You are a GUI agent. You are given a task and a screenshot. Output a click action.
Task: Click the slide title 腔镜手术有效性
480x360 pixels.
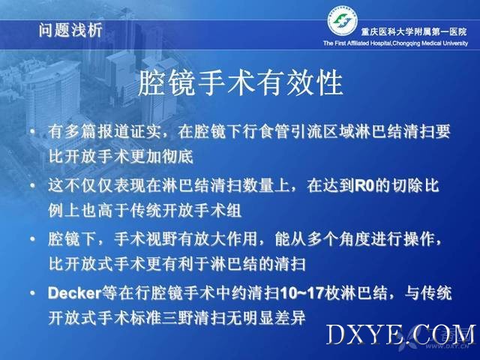[x=241, y=82]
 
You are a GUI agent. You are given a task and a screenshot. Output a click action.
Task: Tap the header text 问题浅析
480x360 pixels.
[x=70, y=30]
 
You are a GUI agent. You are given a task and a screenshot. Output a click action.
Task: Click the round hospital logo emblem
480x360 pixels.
[x=342, y=21]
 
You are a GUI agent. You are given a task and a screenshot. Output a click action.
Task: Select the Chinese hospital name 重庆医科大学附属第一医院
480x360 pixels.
[x=414, y=31]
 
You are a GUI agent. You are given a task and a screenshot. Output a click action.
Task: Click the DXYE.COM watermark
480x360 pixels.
[x=401, y=334]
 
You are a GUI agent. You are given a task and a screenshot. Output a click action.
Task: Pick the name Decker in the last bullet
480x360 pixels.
[x=74, y=293]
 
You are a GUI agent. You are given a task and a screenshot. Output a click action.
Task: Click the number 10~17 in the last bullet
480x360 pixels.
[x=301, y=293]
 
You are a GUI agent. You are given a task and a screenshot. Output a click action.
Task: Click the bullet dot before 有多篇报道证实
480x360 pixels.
[x=33, y=132]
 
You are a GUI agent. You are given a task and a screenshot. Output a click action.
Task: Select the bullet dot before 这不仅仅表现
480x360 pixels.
[x=33, y=186]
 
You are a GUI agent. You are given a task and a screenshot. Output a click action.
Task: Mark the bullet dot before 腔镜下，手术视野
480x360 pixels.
[x=33, y=239]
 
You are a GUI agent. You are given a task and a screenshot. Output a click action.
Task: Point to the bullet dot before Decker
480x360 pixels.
[x=33, y=293]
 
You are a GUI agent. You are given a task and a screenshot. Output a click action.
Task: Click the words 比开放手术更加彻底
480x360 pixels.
[x=121, y=157]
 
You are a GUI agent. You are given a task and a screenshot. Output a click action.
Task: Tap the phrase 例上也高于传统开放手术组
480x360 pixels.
[x=145, y=210]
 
